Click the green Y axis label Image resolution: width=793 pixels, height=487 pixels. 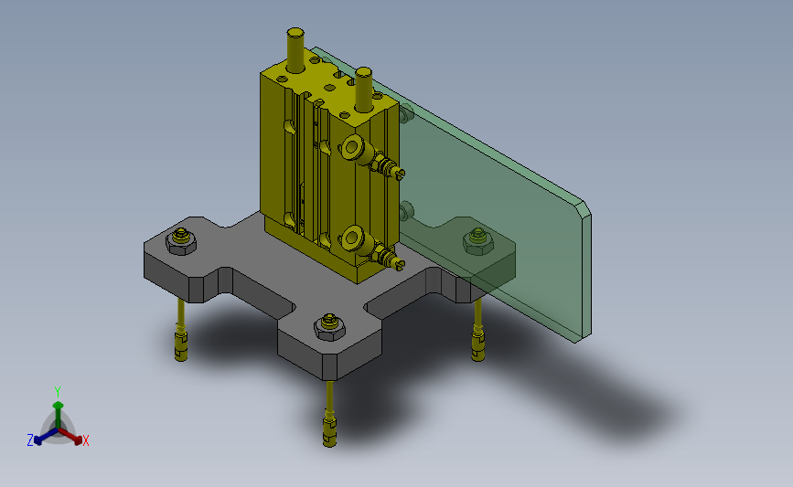pos(58,392)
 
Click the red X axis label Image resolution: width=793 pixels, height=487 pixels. pos(85,440)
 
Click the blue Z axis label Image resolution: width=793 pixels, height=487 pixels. pos(30,440)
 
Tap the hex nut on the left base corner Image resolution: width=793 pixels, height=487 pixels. pos(181,241)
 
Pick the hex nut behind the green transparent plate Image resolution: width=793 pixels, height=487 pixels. pos(478,241)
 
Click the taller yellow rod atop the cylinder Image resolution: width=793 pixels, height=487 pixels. pos(295,49)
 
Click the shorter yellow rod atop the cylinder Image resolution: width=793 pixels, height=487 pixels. pos(363,89)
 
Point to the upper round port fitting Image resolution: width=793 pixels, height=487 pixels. pos(352,147)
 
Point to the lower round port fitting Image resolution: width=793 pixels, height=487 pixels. pos(352,238)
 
